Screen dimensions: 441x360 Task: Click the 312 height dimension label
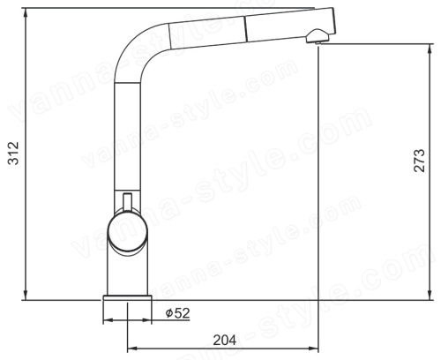13,153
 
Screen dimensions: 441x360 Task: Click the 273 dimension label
419,161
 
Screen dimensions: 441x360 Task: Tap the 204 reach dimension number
224,340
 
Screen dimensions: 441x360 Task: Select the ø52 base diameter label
177,313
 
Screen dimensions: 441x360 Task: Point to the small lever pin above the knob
127,202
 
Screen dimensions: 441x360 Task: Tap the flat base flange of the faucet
127,297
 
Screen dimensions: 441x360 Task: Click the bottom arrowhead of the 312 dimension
26,295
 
